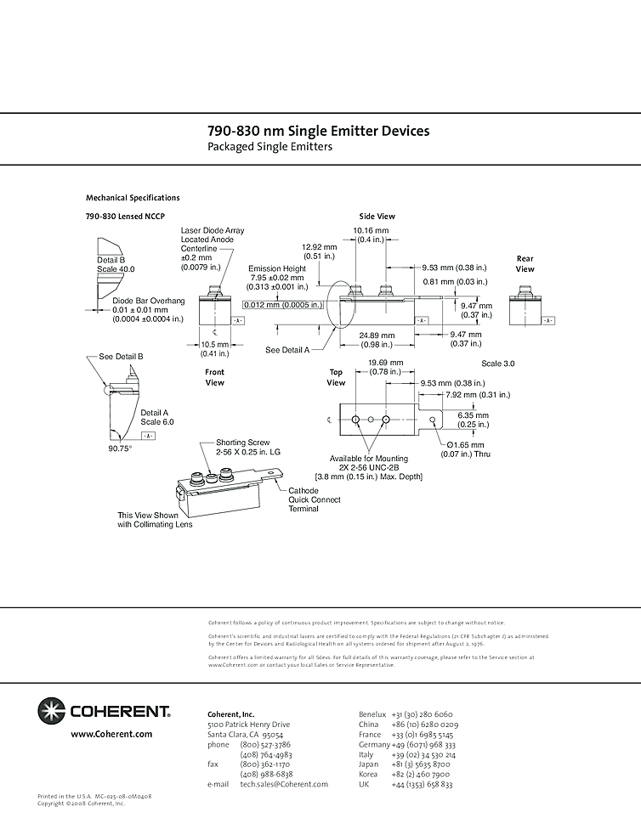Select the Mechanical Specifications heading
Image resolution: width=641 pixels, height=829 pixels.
tap(133, 198)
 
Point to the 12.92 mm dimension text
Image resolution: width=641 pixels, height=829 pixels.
tap(319, 247)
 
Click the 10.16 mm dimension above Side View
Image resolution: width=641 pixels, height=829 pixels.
tap(371, 230)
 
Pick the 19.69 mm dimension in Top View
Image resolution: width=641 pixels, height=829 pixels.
tap(385, 363)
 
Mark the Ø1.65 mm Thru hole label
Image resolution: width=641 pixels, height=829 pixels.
tap(465, 444)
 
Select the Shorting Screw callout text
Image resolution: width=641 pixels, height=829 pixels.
tap(242, 443)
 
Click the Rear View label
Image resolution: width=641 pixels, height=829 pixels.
tap(525, 263)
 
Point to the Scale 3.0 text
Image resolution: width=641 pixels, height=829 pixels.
tap(498, 364)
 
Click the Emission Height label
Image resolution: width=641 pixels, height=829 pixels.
tap(277, 268)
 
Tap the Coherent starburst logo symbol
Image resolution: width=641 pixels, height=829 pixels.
tap(51, 710)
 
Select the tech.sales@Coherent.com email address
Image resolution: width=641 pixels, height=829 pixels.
tap(284, 784)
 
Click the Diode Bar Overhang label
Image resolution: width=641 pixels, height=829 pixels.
tap(149, 301)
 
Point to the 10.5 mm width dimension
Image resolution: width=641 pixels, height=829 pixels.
tap(214, 345)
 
